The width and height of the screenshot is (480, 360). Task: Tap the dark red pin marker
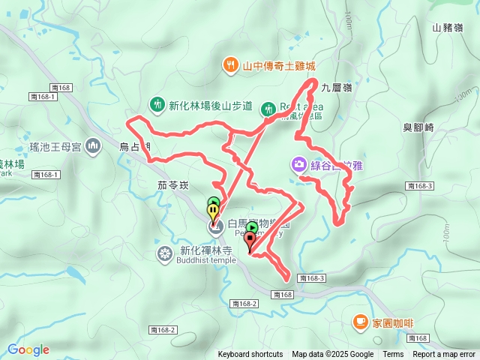pyautogui.click(x=249, y=240)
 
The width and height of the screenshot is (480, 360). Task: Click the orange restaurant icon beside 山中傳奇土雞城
pyautogui.click(x=230, y=65)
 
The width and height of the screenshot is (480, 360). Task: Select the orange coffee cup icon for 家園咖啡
pyautogui.click(x=360, y=322)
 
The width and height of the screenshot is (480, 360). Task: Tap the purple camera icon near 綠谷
pyautogui.click(x=298, y=163)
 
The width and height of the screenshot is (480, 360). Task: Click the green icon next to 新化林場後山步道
pyautogui.click(x=157, y=105)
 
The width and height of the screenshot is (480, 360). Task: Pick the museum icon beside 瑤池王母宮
pyautogui.click(x=93, y=145)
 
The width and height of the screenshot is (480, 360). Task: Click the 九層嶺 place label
pyautogui.click(x=336, y=88)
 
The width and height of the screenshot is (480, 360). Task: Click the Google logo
pyautogui.click(x=28, y=349)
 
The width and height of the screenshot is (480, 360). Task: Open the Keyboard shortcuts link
pyautogui.click(x=250, y=355)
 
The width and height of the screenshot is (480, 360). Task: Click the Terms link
pyautogui.click(x=393, y=355)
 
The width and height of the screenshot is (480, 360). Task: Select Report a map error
pyautogui.click(x=445, y=355)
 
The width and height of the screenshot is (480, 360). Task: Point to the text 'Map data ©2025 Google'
pyautogui.click(x=332, y=355)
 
